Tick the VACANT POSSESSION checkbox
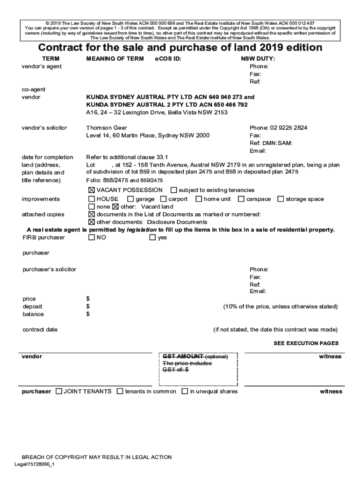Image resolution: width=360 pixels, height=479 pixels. pos(92,190)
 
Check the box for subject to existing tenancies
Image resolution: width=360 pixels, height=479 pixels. pos(174,190)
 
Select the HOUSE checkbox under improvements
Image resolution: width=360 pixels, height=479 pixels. pos(92,199)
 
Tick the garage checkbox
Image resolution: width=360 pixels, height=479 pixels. pos(130,199)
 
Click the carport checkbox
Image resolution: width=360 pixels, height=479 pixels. pos(164,199)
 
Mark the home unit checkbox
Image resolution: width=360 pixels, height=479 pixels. pos(199,199)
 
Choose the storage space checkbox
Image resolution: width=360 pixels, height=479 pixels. pos(281,199)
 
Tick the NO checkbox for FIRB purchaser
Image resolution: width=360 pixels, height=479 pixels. pos(92,238)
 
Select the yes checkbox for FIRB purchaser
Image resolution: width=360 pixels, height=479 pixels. pos(152,238)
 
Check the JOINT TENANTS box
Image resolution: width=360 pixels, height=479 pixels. pos(58,392)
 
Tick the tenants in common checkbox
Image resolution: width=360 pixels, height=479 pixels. pos(120,392)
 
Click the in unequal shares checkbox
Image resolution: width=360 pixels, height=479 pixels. pos(185,392)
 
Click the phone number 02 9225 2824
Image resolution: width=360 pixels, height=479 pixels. pos(278,128)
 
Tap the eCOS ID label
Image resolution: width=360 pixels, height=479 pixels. pos(168,59)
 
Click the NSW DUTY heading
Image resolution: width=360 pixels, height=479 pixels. pos(258,59)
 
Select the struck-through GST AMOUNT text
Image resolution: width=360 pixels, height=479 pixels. pos(183,356)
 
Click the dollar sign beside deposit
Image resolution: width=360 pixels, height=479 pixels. pos(88,306)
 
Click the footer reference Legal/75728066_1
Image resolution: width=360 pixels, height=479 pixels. pos(35,464)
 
